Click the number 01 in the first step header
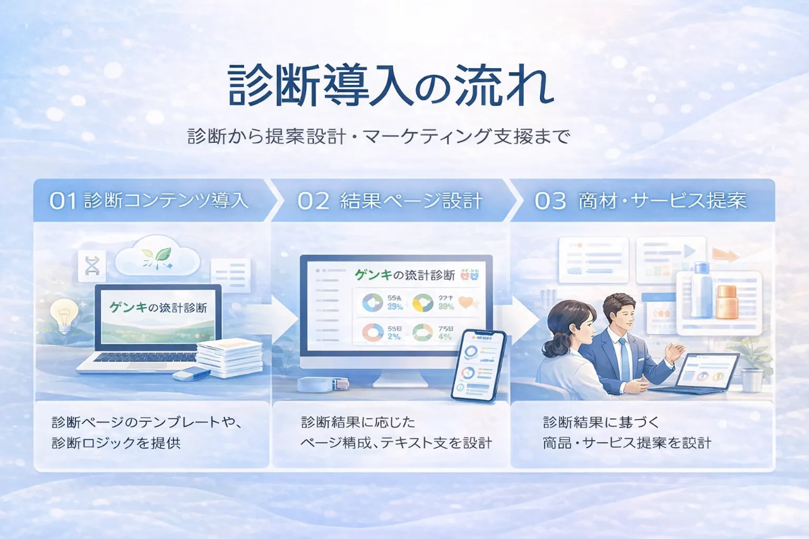(64, 201)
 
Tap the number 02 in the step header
(313, 201)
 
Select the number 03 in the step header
(550, 201)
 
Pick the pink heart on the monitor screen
(466, 303)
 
